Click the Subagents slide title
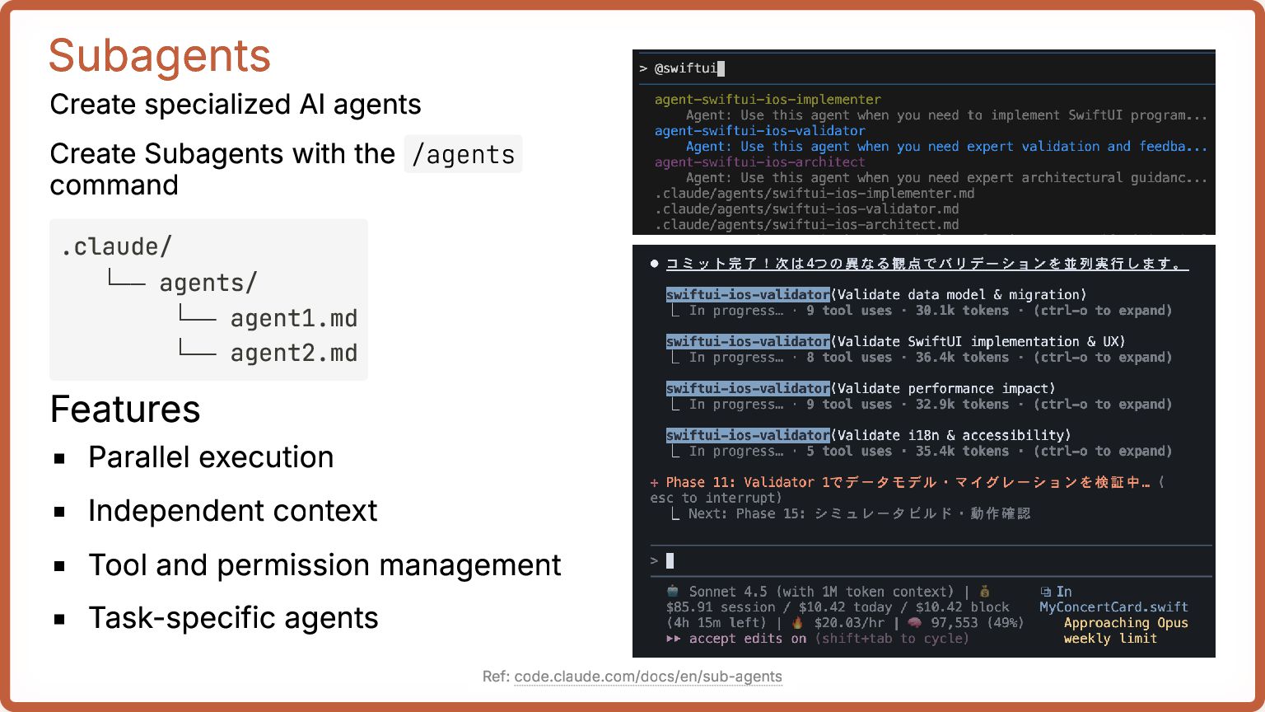click(160, 56)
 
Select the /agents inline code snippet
click(463, 154)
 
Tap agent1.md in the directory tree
click(293, 318)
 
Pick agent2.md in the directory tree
click(293, 353)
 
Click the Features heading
click(125, 410)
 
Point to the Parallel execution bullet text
click(211, 457)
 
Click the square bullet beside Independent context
click(59, 512)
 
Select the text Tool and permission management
click(324, 565)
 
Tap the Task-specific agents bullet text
click(233, 618)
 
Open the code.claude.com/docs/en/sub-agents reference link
click(648, 677)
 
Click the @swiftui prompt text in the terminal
click(685, 68)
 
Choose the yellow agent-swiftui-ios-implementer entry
click(768, 100)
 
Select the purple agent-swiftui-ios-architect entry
click(759, 162)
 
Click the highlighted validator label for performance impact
click(748, 388)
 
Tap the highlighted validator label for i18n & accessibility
click(748, 435)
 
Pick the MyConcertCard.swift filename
click(1113, 607)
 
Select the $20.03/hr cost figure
click(848, 623)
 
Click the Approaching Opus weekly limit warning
click(1125, 630)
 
